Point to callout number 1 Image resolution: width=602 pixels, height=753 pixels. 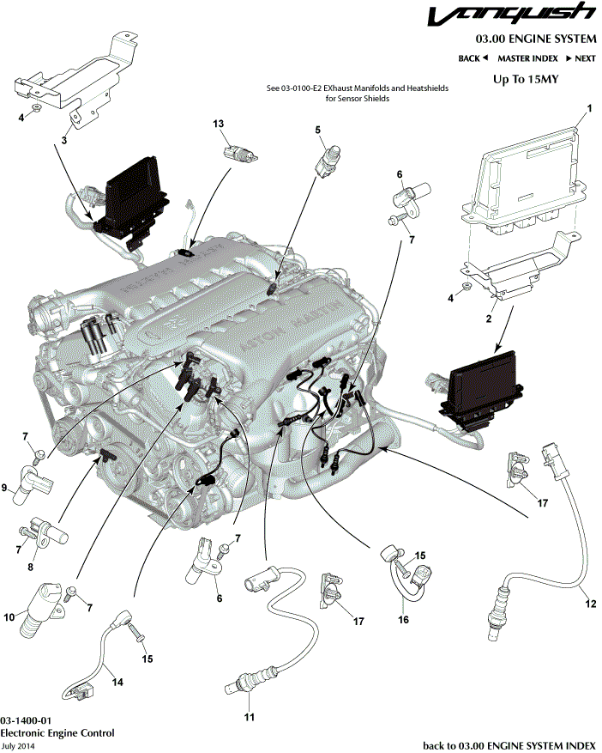pos(589,109)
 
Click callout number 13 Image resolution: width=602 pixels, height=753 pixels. pos(218,124)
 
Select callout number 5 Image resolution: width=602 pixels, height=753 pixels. pos(317,130)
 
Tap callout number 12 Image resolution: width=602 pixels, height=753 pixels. pos(589,604)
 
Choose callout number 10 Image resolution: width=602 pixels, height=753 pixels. pos(9,616)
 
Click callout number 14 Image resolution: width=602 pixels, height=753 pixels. pos(118,683)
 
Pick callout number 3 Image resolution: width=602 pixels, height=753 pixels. pos(63,139)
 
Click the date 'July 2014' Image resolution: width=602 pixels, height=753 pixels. pos(18,746)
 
